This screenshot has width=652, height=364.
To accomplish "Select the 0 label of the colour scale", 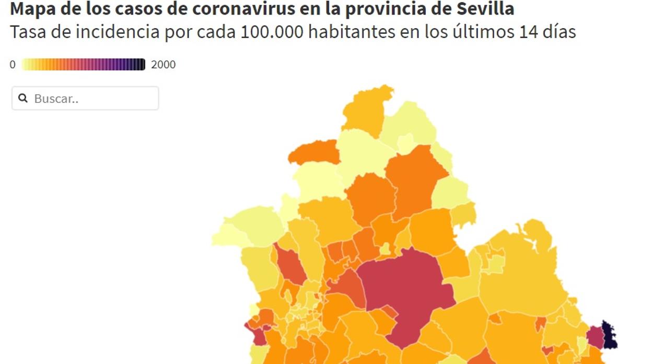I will (13, 65).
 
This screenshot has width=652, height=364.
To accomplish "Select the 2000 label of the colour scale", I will (164, 65).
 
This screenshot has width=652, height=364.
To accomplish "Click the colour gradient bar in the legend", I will (84, 65).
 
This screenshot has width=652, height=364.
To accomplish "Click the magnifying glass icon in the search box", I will (23, 98).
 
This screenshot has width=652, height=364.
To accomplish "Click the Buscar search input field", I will (91, 98).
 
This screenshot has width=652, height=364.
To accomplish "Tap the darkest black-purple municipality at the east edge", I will (609, 335).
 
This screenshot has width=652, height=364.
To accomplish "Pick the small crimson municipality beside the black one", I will (595, 337).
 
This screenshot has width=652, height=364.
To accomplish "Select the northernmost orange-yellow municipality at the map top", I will (366, 110).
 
